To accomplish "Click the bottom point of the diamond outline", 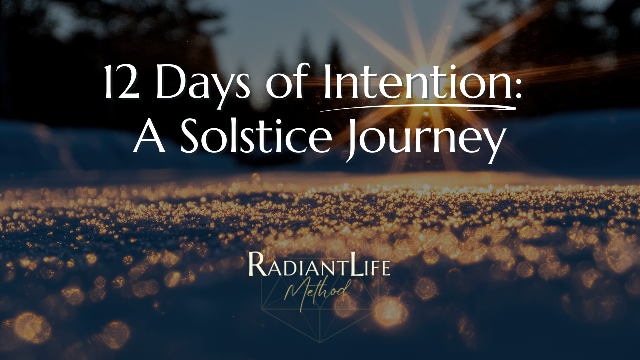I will pyautogui.click(x=319, y=343).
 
